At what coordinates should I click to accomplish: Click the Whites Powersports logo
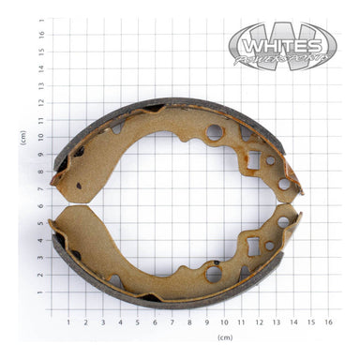282,46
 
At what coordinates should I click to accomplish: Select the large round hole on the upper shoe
215,132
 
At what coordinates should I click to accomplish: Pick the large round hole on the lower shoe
214,273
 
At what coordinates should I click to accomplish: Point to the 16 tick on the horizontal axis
328,322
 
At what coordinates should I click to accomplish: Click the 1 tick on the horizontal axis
67,322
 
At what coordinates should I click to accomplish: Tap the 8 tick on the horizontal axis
189,322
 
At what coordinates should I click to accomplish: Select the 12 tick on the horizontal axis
259,322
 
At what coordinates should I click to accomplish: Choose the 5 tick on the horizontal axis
137,322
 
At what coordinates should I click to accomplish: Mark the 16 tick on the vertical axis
40,33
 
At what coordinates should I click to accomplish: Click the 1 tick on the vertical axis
40,292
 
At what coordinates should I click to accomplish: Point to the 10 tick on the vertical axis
40,137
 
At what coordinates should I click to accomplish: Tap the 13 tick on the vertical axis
40,84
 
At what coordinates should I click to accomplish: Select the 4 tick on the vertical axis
40,241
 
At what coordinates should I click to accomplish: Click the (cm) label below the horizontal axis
224,337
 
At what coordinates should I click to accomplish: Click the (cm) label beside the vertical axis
22,137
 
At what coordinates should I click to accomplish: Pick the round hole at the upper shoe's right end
283,184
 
